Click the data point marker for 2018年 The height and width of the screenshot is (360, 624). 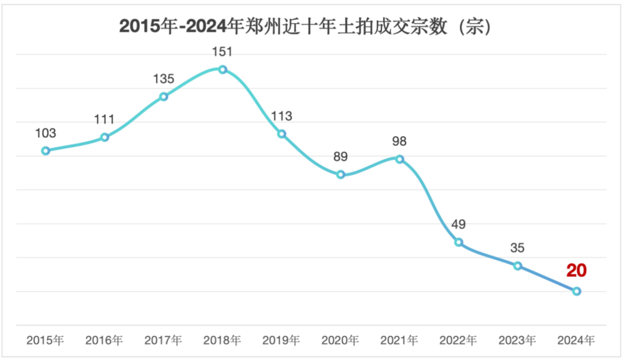point(223,69)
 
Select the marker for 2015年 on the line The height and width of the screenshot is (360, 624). point(46,150)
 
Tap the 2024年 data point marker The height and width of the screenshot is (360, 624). point(577,291)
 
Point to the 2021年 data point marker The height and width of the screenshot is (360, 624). point(400,159)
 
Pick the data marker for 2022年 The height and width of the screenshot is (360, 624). point(459,242)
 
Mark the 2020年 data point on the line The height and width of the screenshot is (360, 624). point(341,175)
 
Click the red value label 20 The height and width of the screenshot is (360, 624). point(577,271)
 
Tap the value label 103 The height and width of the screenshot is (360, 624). point(46,133)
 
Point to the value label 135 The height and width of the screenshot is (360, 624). point(163,79)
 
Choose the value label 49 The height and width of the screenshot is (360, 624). point(459,225)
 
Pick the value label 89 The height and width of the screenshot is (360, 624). point(341,157)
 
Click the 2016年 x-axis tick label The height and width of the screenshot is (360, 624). point(104,341)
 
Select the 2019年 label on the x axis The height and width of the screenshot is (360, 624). point(281,341)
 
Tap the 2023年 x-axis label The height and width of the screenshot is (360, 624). point(517,341)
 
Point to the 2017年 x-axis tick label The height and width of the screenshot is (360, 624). point(163,341)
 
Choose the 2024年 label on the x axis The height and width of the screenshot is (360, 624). point(577,341)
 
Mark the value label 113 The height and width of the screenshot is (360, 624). point(281,116)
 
